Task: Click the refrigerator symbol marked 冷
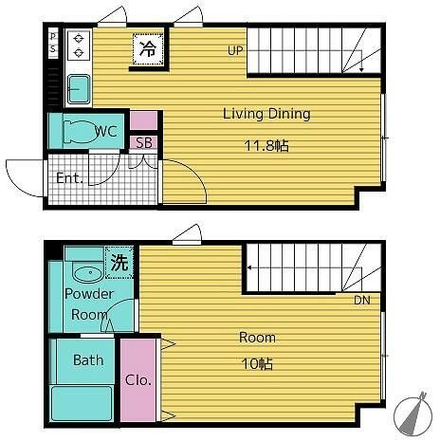148,49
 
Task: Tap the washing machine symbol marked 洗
119,263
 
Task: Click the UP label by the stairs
235,50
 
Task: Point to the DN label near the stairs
362,300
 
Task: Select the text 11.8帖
266,146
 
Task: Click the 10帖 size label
257,364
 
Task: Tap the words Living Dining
266,114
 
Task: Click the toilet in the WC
80,131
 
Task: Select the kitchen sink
79,89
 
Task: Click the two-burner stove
79,46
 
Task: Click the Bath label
88,360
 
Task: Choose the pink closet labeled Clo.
138,380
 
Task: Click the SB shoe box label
144,143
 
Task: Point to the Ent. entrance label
69,178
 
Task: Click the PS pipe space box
53,43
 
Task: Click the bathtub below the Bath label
82,404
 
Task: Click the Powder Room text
88,304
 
